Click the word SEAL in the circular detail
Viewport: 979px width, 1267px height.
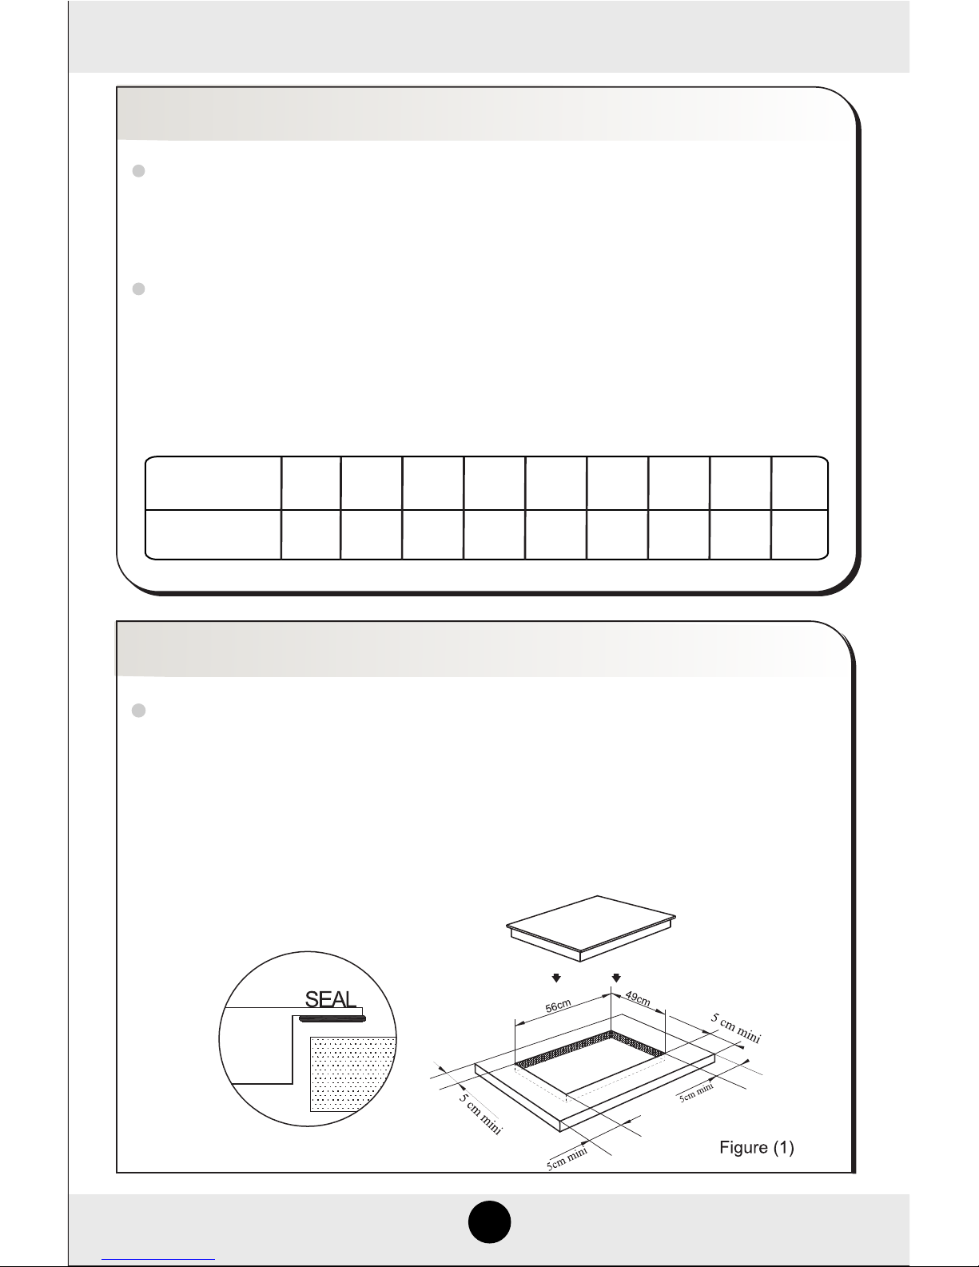(x=330, y=999)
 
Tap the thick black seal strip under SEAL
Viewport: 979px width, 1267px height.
(x=332, y=1018)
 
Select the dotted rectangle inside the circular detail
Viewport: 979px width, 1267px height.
(x=353, y=1074)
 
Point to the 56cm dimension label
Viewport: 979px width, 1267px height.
(x=558, y=1006)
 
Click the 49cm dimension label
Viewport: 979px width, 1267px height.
(x=638, y=998)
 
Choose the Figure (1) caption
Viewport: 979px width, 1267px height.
(x=756, y=1147)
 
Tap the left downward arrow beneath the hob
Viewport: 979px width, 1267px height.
(x=556, y=978)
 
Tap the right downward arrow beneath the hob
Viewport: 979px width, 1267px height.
(x=616, y=978)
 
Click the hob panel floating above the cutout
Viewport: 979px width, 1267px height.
(x=591, y=928)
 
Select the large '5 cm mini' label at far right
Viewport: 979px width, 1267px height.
(x=735, y=1028)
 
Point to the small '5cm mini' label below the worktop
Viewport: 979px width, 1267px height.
(x=567, y=1159)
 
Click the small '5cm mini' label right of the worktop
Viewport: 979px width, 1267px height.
(x=696, y=1092)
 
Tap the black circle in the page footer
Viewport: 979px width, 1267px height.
(x=489, y=1222)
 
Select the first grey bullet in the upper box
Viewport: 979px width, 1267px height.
(x=139, y=171)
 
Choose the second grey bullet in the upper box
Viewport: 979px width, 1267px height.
(x=139, y=289)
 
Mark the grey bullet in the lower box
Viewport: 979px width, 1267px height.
(x=139, y=711)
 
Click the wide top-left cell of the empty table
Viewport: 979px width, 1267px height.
(x=213, y=484)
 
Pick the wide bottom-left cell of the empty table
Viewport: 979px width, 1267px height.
(x=213, y=535)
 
